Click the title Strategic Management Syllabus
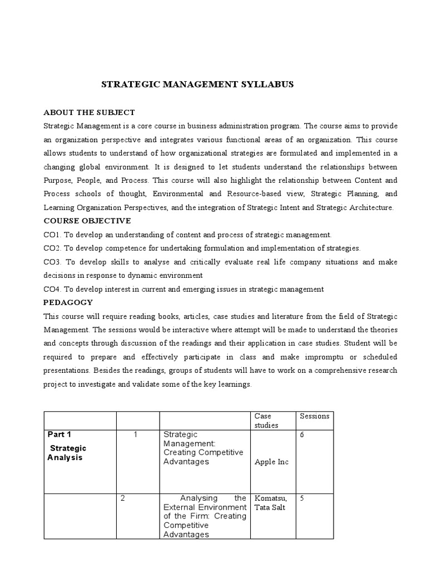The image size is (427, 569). (x=197, y=84)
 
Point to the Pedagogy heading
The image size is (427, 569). (x=68, y=303)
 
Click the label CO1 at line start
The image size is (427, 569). (x=52, y=235)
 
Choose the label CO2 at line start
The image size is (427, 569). (x=52, y=248)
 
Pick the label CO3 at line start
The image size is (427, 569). (x=52, y=262)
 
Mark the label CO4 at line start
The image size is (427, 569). (x=52, y=290)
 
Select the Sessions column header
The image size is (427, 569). (x=314, y=416)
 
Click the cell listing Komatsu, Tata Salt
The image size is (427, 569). (x=270, y=502)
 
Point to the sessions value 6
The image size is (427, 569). (x=302, y=435)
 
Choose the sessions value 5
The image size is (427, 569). (x=302, y=498)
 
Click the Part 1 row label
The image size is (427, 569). (x=59, y=435)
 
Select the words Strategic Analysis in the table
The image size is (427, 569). (x=66, y=453)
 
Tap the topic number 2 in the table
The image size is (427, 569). (x=122, y=498)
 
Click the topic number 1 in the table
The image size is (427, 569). (x=136, y=435)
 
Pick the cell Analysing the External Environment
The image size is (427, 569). (x=204, y=516)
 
